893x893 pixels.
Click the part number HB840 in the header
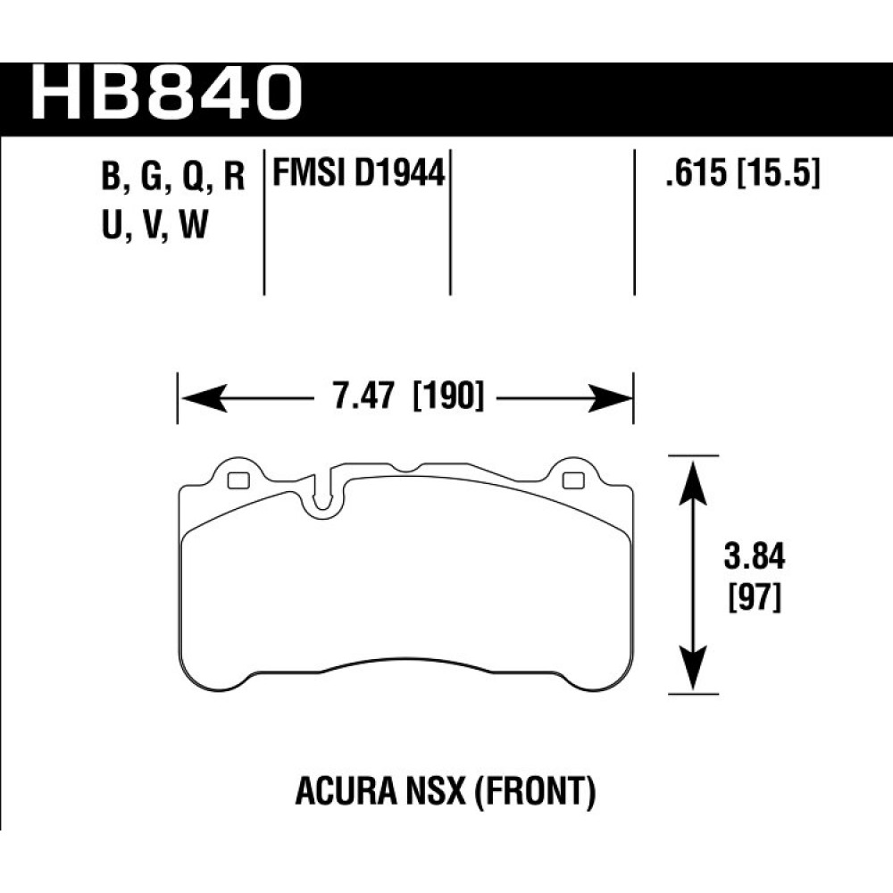point(166,93)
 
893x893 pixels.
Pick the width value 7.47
point(363,396)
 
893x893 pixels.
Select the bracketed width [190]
point(447,396)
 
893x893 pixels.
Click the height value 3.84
point(754,556)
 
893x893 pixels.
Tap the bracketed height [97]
point(754,599)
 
